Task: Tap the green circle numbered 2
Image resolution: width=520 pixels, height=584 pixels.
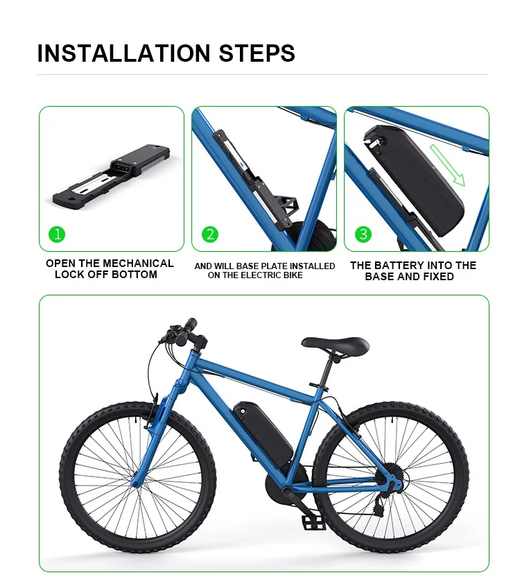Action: [211, 234]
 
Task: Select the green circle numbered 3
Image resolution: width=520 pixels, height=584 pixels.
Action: [363, 234]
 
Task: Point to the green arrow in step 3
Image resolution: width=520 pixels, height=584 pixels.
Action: [447, 166]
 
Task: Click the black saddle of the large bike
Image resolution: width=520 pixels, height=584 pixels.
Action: [335, 343]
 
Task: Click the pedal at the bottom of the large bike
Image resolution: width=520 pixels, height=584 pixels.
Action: [314, 522]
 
